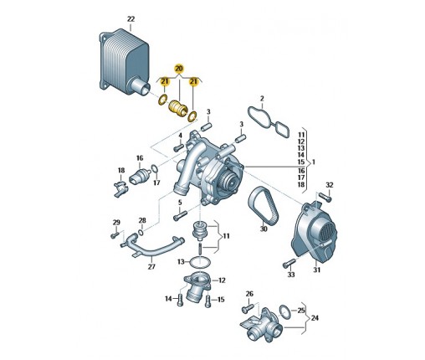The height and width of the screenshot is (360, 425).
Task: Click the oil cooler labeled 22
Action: click(x=124, y=62)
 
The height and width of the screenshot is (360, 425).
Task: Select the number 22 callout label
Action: click(x=131, y=19)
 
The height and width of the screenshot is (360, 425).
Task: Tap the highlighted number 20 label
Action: click(x=179, y=69)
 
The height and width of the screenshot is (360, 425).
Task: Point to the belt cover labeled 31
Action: click(x=314, y=232)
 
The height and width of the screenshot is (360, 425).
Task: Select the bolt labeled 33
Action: click(x=289, y=263)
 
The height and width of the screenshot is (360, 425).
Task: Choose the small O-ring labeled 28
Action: click(x=141, y=233)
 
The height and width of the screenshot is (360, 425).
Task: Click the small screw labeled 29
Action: click(x=115, y=235)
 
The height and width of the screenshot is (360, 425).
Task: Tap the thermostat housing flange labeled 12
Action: click(x=197, y=285)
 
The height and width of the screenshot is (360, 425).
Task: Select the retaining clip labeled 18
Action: click(x=121, y=188)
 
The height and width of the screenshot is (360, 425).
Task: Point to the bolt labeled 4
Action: click(x=178, y=147)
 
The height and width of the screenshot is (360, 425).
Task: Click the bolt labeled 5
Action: click(x=180, y=215)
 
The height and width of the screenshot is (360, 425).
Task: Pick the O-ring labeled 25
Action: click(x=284, y=312)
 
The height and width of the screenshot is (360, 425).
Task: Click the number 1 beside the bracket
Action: click(x=314, y=162)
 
